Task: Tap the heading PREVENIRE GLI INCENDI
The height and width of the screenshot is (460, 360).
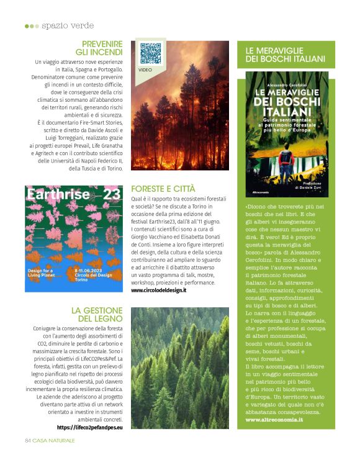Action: click(x=99, y=48)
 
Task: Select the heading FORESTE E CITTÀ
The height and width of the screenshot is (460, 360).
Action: click(x=163, y=188)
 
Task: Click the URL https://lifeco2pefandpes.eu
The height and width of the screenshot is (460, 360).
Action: click(x=90, y=427)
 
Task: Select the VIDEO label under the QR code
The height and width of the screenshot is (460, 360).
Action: click(x=145, y=70)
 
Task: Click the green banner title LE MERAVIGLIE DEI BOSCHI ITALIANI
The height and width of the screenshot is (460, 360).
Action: click(x=285, y=54)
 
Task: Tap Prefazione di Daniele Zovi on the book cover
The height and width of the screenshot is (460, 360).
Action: click(x=313, y=187)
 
